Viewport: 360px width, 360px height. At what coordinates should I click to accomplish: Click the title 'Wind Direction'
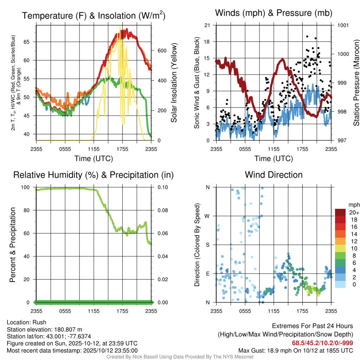[274, 175]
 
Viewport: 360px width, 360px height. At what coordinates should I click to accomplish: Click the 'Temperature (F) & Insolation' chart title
[94, 16]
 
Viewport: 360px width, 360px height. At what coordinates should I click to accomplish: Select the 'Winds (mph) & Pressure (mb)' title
[274, 13]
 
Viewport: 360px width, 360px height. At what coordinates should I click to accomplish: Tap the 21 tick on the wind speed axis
[207, 25]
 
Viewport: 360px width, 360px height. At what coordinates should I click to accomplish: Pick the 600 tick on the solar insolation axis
[162, 51]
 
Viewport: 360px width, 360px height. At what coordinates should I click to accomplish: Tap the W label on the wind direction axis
[207, 216]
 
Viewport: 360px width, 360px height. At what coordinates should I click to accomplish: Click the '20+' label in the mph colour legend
[353, 213]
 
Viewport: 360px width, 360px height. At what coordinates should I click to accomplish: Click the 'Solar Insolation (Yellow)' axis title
[174, 83]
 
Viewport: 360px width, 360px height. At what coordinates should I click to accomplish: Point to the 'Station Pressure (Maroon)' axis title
[356, 83]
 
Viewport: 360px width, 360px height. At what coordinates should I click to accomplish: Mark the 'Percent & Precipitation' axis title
[12, 245]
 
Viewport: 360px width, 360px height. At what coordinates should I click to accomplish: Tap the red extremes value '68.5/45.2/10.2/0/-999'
[322, 343]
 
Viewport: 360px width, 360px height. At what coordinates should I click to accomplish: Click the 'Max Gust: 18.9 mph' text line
[296, 351]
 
